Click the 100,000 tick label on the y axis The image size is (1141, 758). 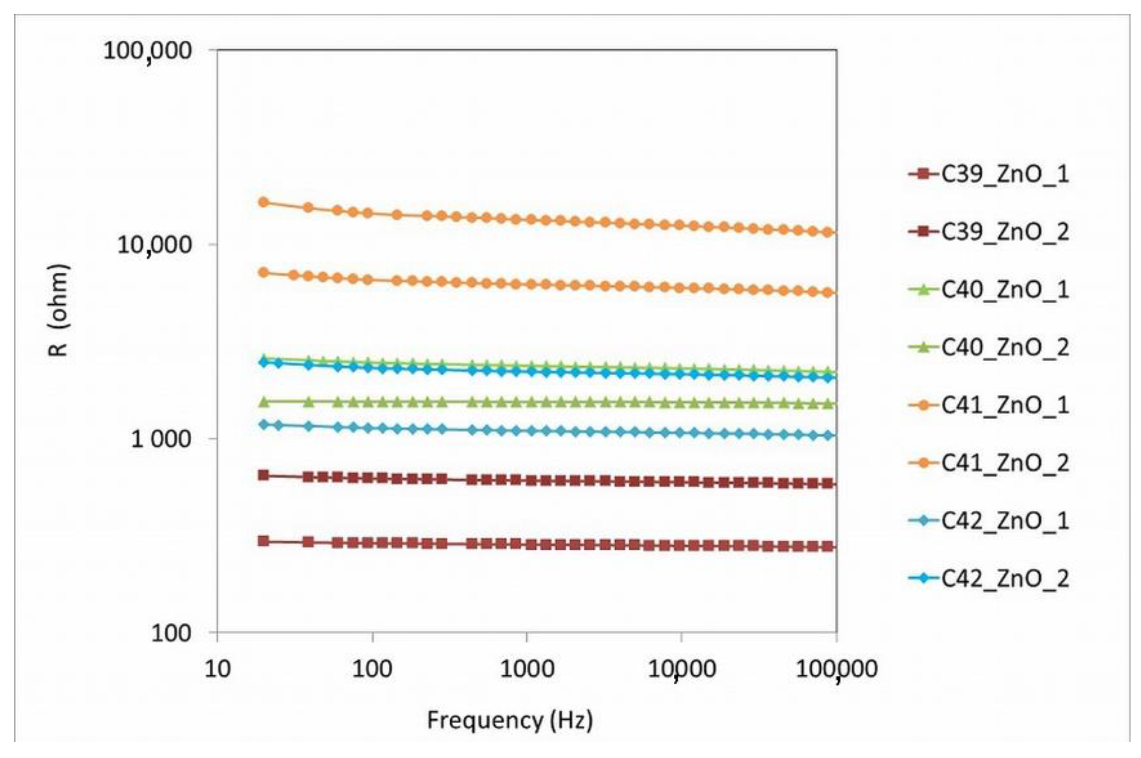(x=147, y=51)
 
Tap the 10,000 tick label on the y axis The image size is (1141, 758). (x=154, y=246)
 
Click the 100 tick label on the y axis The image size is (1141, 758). (x=172, y=633)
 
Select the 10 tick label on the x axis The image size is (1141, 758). (x=217, y=670)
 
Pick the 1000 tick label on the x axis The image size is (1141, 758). (x=526, y=670)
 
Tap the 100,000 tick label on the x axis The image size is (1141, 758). (x=836, y=670)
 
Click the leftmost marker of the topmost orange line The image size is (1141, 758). (x=263, y=203)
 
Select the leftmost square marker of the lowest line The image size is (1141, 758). (x=263, y=541)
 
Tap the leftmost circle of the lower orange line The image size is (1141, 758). (x=263, y=273)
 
